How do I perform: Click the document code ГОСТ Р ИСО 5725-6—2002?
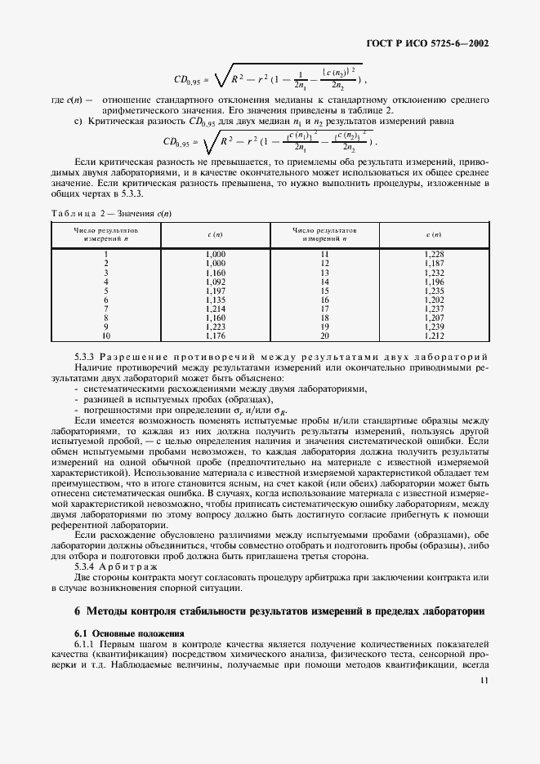tap(431, 44)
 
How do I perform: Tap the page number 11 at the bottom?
tap(484, 681)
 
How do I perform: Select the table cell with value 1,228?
tap(435, 255)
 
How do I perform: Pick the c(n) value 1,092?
tap(215, 282)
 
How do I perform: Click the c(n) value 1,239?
tap(435, 326)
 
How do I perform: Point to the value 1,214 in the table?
tap(215, 309)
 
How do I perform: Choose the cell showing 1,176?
tap(215, 335)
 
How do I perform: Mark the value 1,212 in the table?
tap(435, 335)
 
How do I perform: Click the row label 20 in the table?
tap(324, 335)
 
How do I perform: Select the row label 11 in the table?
tap(324, 255)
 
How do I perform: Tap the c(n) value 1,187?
tap(435, 264)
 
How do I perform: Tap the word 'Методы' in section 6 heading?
tap(108, 611)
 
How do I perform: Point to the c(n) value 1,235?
tap(435, 291)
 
